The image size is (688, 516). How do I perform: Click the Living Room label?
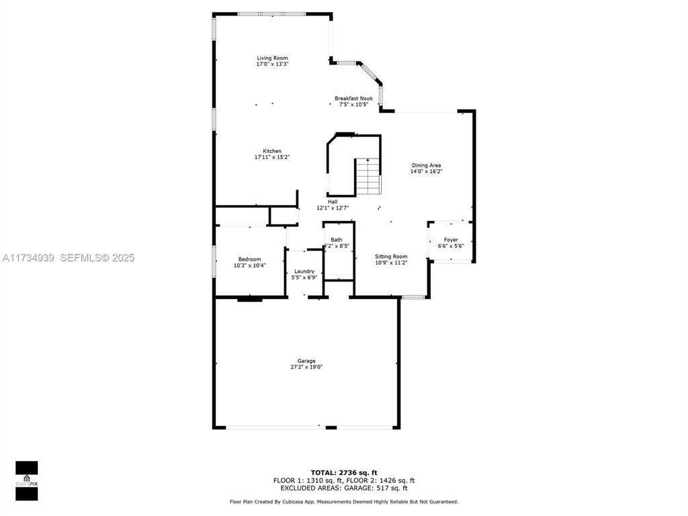click(x=272, y=58)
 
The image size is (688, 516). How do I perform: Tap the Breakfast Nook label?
click(x=353, y=99)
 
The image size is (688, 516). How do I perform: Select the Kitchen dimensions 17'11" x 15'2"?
click(x=272, y=157)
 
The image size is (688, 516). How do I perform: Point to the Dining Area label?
click(x=426, y=165)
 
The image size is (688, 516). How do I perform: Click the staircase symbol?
click(x=368, y=177)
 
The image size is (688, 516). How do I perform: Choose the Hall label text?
click(x=333, y=202)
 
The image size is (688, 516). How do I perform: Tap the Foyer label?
click(x=451, y=240)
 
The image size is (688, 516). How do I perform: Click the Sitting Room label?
click(x=391, y=257)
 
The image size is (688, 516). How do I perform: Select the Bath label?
click(x=337, y=240)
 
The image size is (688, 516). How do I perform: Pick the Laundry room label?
click(x=304, y=271)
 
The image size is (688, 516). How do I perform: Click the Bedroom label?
click(x=249, y=259)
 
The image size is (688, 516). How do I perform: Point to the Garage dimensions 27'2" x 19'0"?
click(x=306, y=367)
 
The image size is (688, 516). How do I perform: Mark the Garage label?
click(x=306, y=361)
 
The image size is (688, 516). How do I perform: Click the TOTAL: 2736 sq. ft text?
click(x=343, y=472)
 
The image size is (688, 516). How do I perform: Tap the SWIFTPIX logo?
click(x=26, y=481)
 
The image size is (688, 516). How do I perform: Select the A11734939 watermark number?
click(x=28, y=258)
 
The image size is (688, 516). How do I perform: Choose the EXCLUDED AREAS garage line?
click(x=343, y=488)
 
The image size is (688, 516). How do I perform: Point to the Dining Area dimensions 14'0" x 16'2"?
click(x=426, y=171)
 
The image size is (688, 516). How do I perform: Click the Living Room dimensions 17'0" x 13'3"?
click(x=272, y=64)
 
